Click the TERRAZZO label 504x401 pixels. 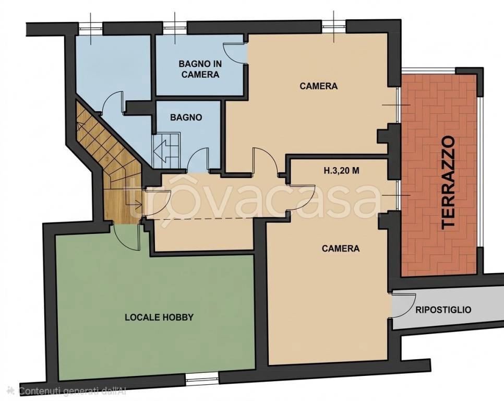tap(448, 183)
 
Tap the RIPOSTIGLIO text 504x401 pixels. tap(443, 310)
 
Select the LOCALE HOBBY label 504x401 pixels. tap(159, 317)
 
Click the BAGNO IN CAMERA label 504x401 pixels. tap(200, 69)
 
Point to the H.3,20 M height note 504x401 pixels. tap(341, 171)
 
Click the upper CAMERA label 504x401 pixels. tap(319, 86)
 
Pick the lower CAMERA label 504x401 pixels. tap(341, 248)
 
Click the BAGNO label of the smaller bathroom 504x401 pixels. tap(186, 117)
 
